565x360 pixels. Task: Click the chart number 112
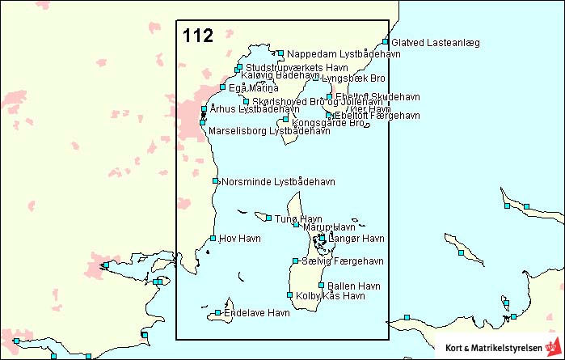198,36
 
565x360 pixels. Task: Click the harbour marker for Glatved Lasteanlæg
386,42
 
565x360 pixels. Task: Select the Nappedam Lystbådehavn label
333,54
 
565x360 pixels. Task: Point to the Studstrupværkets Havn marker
239,67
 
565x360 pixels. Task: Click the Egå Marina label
254,87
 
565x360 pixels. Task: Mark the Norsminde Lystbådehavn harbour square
215,181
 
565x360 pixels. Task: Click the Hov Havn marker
213,238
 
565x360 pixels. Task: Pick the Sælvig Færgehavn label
342,260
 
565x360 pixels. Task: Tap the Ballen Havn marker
322,286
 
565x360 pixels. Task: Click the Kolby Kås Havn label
331,296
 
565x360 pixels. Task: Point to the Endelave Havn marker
218,312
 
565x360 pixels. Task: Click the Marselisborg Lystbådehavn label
269,129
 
